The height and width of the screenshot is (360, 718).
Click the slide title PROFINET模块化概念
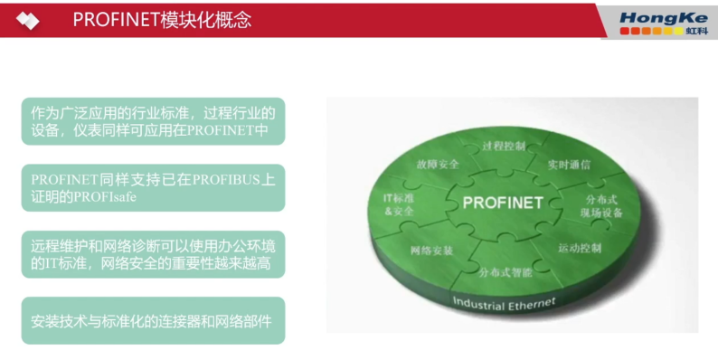point(162,19)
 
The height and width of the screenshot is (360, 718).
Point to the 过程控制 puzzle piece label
point(503,145)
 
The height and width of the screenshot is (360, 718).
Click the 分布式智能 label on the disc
point(505,270)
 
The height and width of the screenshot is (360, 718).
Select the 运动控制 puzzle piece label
point(579,247)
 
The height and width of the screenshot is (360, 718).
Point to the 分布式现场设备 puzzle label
point(602,206)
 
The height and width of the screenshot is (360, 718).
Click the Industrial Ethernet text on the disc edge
point(504,303)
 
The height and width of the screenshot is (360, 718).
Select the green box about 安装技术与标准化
point(153,320)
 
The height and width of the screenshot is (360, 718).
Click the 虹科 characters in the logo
point(698,30)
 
